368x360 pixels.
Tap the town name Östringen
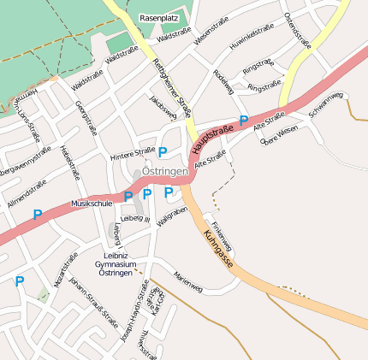pyautogui.click(x=164, y=172)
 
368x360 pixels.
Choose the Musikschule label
pyautogui.click(x=92, y=204)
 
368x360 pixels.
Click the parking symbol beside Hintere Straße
pyautogui.click(x=162, y=152)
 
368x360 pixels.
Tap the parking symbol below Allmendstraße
pyautogui.click(x=37, y=215)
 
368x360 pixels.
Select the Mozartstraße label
pyautogui.click(x=65, y=269)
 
